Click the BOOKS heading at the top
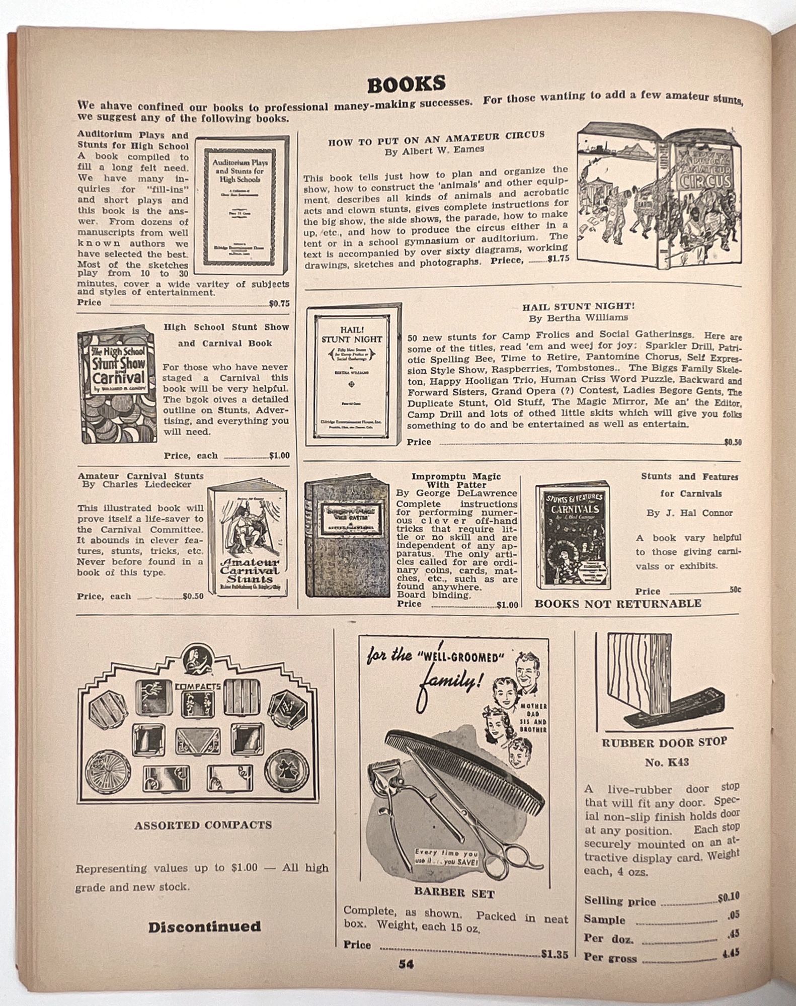(406, 85)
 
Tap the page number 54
(406, 964)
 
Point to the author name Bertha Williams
(578, 318)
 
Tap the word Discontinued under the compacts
(204, 927)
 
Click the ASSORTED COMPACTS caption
(203, 825)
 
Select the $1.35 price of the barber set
(554, 954)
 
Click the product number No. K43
(666, 763)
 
